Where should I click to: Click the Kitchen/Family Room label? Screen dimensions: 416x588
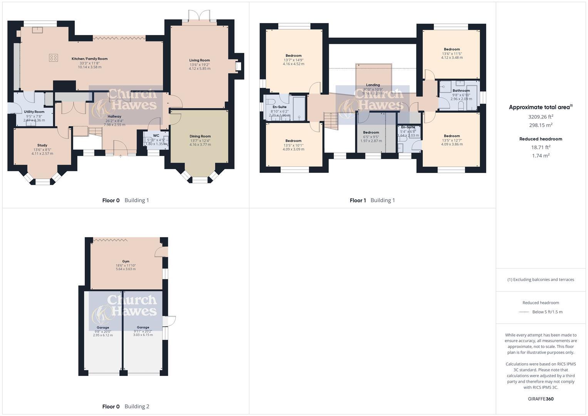pyautogui.click(x=89, y=59)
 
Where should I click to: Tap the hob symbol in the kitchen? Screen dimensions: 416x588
pyautogui.click(x=54, y=58)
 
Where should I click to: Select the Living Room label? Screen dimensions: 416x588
pyautogui.click(x=199, y=60)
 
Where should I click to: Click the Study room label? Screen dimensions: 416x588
pyautogui.click(x=42, y=145)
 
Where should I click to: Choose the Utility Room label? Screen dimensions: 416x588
pyautogui.click(x=34, y=112)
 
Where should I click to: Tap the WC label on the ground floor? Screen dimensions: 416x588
pyautogui.click(x=156, y=136)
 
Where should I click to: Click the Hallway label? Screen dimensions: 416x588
pyautogui.click(x=114, y=116)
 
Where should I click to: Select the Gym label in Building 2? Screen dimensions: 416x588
pyautogui.click(x=126, y=261)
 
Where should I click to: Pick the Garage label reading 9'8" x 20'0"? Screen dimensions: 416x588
pyautogui.click(x=103, y=327)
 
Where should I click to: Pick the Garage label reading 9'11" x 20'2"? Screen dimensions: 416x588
pyautogui.click(x=143, y=327)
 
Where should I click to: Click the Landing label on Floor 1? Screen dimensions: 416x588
pyautogui.click(x=373, y=85)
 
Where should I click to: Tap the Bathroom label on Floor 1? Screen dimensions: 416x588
pyautogui.click(x=461, y=91)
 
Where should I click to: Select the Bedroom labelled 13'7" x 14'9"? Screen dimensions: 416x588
pyautogui.click(x=293, y=55)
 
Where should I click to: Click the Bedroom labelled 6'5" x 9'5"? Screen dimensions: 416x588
pyautogui.click(x=371, y=133)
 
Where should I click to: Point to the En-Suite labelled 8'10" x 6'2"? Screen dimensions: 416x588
pyautogui.click(x=279, y=107)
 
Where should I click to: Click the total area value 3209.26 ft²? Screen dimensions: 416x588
pyautogui.click(x=541, y=117)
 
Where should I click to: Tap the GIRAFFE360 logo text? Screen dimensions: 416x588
pyautogui.click(x=541, y=399)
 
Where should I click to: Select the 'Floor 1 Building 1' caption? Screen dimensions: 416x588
pyautogui.click(x=372, y=200)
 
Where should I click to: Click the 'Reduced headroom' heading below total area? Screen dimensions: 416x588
pyautogui.click(x=541, y=139)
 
